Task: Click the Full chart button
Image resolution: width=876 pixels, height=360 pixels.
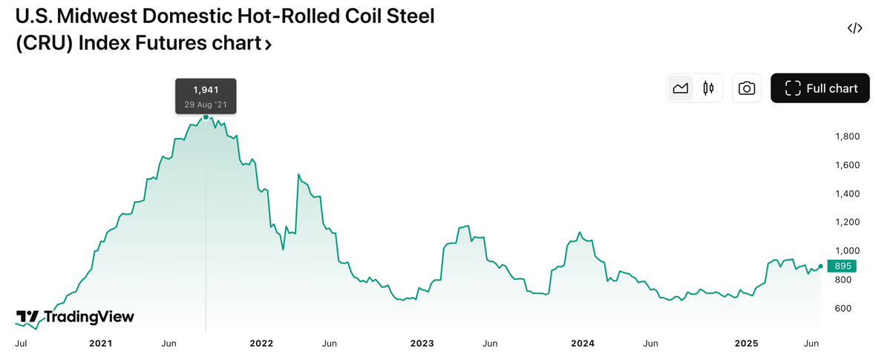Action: click(x=820, y=88)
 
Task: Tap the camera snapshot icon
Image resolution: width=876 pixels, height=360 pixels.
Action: click(x=746, y=88)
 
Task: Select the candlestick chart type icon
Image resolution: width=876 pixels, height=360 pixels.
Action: click(x=708, y=88)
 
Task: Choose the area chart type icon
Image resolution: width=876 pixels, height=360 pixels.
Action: click(x=680, y=88)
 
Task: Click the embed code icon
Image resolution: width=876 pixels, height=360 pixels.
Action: click(x=854, y=28)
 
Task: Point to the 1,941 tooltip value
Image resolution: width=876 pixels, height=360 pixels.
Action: click(x=206, y=90)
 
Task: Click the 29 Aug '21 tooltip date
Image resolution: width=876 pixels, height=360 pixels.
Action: click(x=206, y=105)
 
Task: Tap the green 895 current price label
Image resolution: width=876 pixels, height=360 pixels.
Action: click(x=843, y=266)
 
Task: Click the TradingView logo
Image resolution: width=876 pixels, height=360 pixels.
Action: click(x=75, y=317)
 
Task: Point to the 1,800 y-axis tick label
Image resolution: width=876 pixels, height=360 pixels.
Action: click(x=847, y=137)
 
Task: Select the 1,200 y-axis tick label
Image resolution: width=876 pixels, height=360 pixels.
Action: click(x=847, y=222)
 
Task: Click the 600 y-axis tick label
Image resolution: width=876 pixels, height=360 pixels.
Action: click(x=843, y=308)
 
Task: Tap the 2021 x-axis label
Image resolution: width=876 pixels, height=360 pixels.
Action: click(x=100, y=343)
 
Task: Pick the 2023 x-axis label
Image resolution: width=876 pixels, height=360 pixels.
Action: click(x=422, y=343)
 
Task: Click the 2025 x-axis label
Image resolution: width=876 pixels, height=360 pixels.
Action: click(x=746, y=343)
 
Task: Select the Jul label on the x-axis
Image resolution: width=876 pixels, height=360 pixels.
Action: click(x=21, y=343)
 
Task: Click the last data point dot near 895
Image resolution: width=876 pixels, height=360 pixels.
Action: click(x=820, y=266)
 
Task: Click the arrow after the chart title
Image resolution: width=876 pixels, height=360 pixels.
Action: click(x=268, y=45)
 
